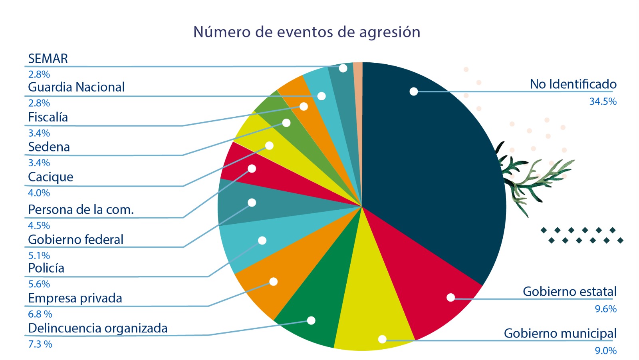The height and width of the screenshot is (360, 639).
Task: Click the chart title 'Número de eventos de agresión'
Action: (307, 32)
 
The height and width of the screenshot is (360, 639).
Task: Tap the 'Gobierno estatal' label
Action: (570, 292)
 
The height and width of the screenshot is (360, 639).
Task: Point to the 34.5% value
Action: (603, 101)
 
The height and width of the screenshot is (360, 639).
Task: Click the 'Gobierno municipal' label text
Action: (560, 333)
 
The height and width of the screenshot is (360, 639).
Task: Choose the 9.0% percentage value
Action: (605, 351)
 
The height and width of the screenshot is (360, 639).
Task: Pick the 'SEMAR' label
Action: (48, 59)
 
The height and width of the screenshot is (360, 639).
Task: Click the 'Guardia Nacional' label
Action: (76, 87)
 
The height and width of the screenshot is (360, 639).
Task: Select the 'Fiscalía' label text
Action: (48, 117)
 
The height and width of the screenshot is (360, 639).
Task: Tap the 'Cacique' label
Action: (51, 177)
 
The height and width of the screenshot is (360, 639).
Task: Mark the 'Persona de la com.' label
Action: (81, 209)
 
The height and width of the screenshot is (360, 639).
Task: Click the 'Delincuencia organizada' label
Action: (98, 328)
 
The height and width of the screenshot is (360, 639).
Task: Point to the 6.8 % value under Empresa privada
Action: (40, 314)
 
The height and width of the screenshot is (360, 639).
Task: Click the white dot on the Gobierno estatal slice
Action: (450, 298)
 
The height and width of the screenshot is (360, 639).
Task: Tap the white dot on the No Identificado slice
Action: (414, 91)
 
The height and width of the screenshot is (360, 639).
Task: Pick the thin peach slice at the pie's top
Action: (358, 80)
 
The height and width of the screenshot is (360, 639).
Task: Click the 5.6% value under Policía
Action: (39, 284)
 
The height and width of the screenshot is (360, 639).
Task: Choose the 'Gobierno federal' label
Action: (75, 239)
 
